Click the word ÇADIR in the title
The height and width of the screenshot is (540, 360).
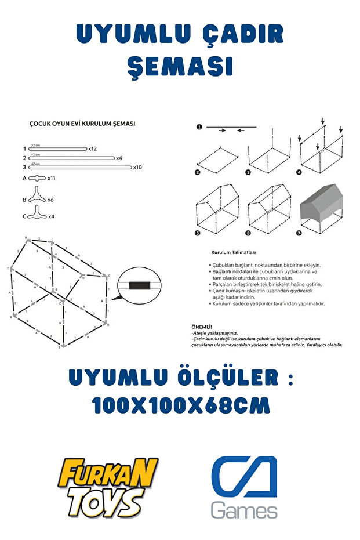238,35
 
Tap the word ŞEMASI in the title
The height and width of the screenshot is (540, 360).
180,67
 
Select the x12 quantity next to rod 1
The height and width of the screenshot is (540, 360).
92,148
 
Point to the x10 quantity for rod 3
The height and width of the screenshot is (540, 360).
137,167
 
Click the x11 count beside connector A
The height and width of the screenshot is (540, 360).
51,179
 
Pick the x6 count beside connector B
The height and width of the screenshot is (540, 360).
50,199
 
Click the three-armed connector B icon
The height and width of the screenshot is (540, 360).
37,195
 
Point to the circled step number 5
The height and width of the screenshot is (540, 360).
198,233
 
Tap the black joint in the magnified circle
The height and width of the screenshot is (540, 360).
138,285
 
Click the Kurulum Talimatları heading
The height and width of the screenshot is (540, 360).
234,253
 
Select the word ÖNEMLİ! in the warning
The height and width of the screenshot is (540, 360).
202,327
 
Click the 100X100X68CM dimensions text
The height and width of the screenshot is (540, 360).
181,405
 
